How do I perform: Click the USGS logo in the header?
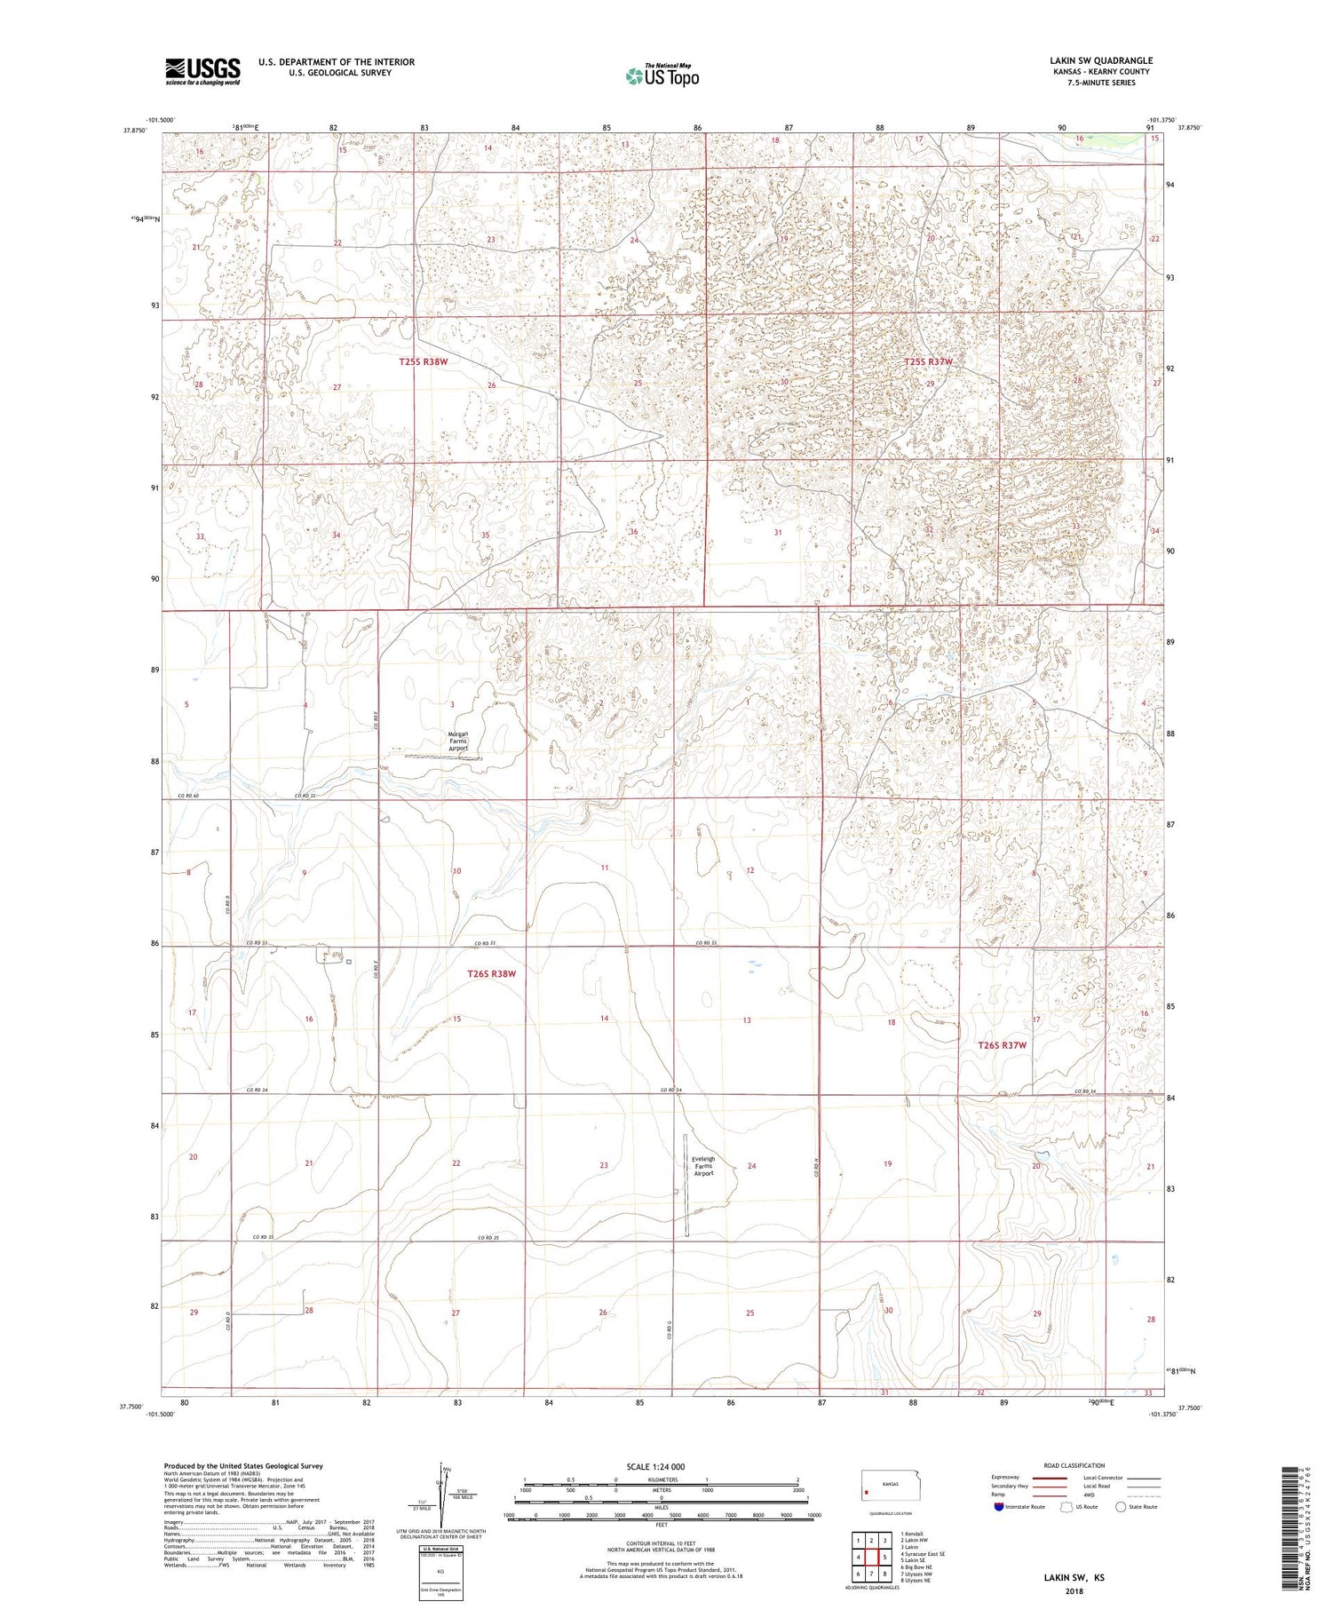point(202,71)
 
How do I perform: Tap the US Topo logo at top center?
point(662,76)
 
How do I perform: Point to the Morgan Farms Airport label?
point(458,741)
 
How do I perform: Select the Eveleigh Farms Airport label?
point(703,1165)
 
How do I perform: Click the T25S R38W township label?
point(423,361)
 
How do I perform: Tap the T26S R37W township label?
point(1002,1045)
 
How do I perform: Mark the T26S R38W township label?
point(491,973)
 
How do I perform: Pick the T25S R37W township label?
point(928,361)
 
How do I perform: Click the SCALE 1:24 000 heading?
point(655,1466)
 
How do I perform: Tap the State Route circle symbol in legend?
point(1121,1506)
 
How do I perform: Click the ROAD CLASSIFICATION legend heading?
point(1074,1465)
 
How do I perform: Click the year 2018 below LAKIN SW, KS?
point(1074,1591)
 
